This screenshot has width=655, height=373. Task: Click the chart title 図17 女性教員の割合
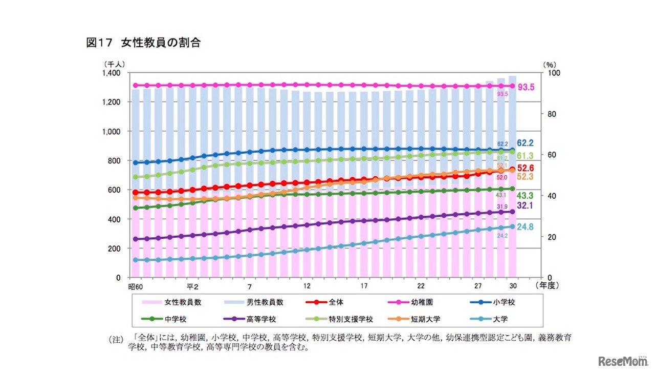pos(143,43)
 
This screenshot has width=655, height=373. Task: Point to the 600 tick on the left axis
pos(113,190)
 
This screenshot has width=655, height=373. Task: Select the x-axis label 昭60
pos(135,285)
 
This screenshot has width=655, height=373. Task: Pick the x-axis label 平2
pos(192,285)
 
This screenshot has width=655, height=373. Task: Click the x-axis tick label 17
pos(364,285)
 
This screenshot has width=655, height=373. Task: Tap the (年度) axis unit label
pos(548,285)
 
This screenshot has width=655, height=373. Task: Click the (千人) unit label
pos(113,65)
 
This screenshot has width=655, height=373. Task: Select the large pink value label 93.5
pos(526,88)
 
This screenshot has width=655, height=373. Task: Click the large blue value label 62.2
pos(526,143)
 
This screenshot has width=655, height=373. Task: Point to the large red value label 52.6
pos(526,168)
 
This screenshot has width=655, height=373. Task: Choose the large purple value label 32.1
pos(526,205)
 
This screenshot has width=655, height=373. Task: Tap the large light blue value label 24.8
pos(526,226)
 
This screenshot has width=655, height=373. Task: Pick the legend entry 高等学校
pos(261,319)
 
